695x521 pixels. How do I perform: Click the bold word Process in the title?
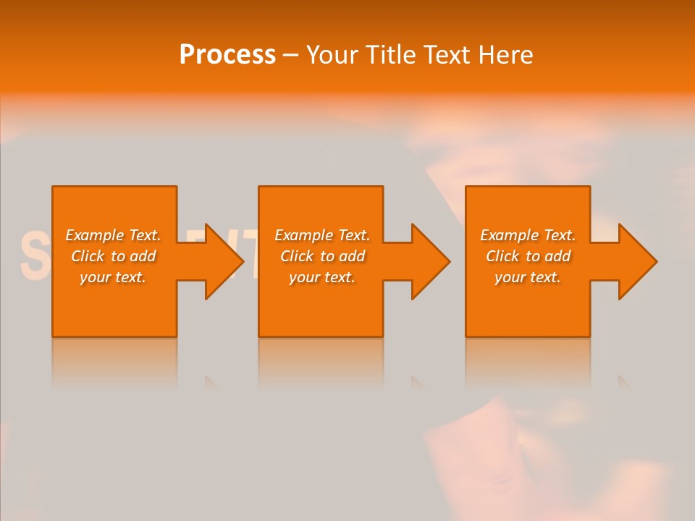coord(227,55)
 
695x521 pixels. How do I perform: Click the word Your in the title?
coord(334,55)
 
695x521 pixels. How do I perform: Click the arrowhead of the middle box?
coord(429,261)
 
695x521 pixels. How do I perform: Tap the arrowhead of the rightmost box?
coord(636,261)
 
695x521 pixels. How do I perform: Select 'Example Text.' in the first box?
coord(113,235)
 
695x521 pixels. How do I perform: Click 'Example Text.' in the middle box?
coord(322,235)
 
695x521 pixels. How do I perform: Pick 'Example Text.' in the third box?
coord(528,235)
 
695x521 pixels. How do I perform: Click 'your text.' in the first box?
coord(113,277)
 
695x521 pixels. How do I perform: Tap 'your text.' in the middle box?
coord(322,277)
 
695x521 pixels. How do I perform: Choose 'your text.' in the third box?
coord(528,277)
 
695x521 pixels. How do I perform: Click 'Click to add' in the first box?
coord(113,256)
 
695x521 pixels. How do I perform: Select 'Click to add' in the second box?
coord(322,256)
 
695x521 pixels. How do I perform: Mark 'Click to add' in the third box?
coord(528,256)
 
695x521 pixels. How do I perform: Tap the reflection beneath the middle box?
coord(321,362)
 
